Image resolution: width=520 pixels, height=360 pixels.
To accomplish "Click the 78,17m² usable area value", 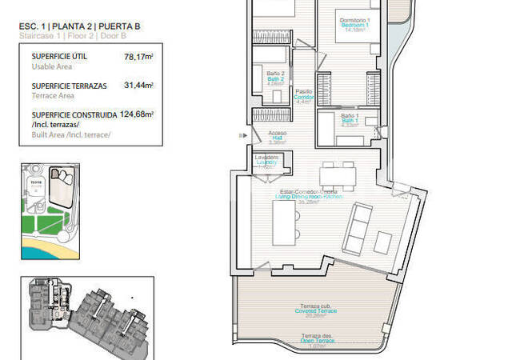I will tap(138, 57).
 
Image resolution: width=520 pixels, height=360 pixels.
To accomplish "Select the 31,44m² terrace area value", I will tap(138, 85).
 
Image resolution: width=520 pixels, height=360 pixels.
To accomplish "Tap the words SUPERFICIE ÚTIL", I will tap(59, 57).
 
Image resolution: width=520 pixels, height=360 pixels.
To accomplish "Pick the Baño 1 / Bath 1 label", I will tap(349, 120).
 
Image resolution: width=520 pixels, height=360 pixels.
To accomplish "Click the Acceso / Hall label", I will tap(277, 137).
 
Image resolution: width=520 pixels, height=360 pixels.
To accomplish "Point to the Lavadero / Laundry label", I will tap(266, 161).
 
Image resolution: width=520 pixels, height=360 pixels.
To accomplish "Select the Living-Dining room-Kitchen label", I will tap(308, 196).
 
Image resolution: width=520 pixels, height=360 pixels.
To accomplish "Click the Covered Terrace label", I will tap(310, 310).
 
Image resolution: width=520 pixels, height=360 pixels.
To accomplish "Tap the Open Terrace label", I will tap(310, 339).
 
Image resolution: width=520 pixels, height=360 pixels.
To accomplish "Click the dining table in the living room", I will tap(335, 174).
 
